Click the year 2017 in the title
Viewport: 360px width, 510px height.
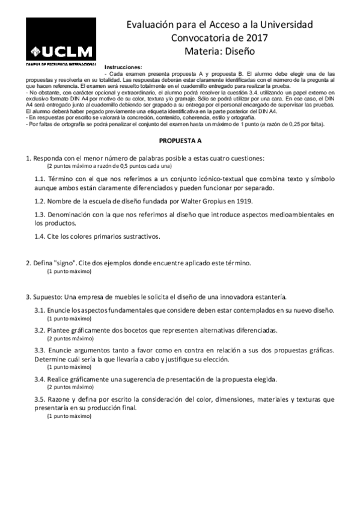[254, 38]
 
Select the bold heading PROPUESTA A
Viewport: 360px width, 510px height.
[180, 140]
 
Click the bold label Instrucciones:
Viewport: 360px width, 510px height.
[123, 66]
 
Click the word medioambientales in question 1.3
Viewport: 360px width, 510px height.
[280, 214]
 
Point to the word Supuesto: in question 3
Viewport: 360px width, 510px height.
[47, 296]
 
